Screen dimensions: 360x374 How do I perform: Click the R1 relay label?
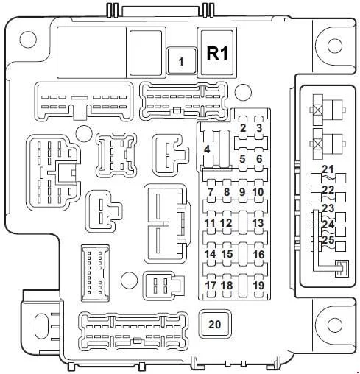click(x=217, y=53)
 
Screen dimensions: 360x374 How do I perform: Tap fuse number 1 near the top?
click(x=181, y=61)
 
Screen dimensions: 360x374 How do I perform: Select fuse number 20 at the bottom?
click(x=215, y=324)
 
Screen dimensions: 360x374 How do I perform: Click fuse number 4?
click(x=207, y=149)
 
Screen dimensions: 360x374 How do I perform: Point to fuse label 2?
click(x=243, y=128)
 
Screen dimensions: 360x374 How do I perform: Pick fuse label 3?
click(x=259, y=128)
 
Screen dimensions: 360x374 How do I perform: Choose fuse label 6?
click(x=259, y=159)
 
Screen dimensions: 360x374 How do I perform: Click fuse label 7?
click(x=211, y=192)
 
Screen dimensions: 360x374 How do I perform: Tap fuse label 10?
click(x=258, y=192)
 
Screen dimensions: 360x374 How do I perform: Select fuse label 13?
click(x=258, y=223)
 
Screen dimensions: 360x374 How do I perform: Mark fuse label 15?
click(x=227, y=254)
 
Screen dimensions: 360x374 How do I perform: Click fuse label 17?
click(x=211, y=285)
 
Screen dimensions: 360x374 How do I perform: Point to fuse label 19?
click(x=258, y=285)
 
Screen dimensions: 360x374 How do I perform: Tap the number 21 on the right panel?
click(x=328, y=169)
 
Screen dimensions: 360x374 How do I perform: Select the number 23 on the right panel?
click(x=328, y=208)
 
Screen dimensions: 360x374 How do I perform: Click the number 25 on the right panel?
click(x=328, y=240)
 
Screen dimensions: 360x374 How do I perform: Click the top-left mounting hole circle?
click(x=28, y=39)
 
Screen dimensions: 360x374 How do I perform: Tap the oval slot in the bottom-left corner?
click(x=41, y=327)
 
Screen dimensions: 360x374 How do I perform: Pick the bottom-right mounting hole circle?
click(x=335, y=325)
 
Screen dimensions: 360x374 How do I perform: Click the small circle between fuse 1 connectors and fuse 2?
click(x=243, y=92)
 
